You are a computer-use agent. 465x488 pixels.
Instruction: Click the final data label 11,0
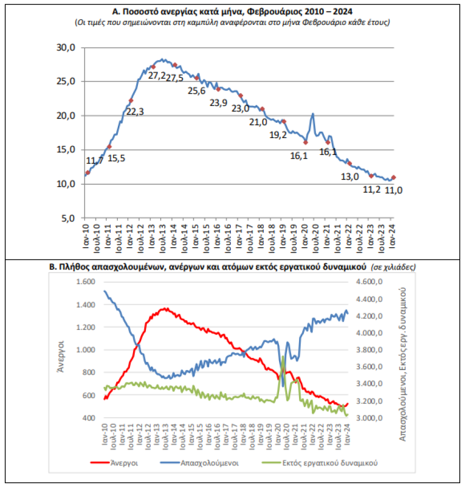[x=394, y=189]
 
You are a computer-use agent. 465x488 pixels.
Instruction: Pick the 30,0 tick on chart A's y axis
[x=67, y=48]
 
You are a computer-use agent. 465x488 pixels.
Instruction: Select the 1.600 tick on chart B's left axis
[x=84, y=282]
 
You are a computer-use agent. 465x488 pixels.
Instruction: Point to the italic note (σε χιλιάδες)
[x=393, y=267]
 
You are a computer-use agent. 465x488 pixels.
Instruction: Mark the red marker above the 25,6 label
[x=197, y=78]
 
